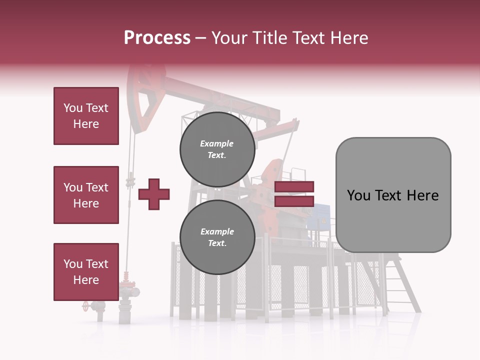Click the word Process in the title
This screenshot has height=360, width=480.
[157, 38]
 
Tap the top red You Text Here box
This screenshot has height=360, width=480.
[86, 116]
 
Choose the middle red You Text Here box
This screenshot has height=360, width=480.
[86, 195]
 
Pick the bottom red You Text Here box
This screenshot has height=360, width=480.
[86, 271]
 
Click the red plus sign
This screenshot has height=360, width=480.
[154, 194]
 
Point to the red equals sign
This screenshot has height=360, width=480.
[294, 194]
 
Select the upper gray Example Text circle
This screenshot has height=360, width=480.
[217, 149]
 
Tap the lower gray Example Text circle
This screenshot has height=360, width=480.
[217, 237]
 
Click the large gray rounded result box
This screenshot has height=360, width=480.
[393, 194]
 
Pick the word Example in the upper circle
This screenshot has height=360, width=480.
[217, 143]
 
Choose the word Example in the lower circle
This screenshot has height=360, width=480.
[217, 231]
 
